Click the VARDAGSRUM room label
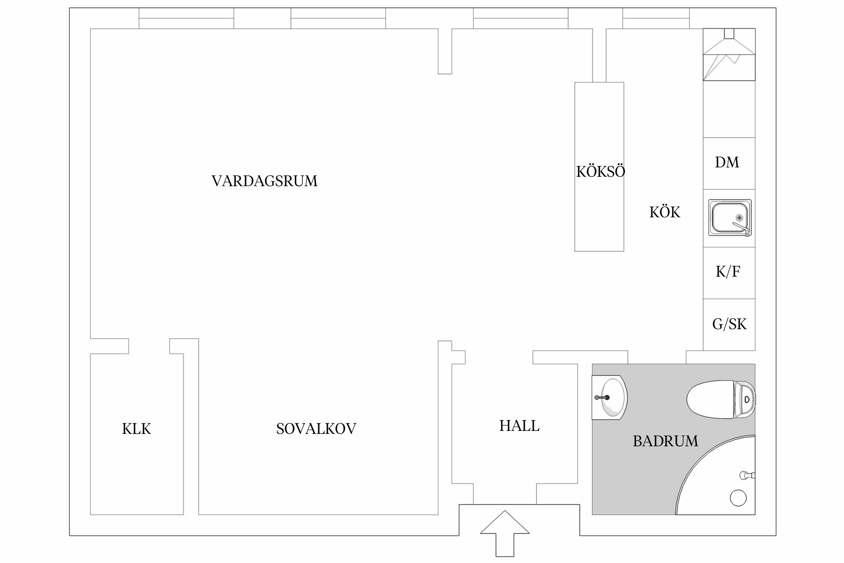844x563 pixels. pyautogui.click(x=264, y=181)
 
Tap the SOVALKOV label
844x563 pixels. pyautogui.click(x=316, y=429)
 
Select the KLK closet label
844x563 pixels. pyautogui.click(x=137, y=429)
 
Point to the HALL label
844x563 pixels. pyautogui.click(x=519, y=426)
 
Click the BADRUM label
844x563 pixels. pyautogui.click(x=665, y=441)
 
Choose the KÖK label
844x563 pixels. pyautogui.click(x=665, y=212)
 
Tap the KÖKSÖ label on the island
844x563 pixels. pyautogui.click(x=601, y=172)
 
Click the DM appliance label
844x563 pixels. pyautogui.click(x=727, y=163)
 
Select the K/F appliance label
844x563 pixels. pyautogui.click(x=728, y=272)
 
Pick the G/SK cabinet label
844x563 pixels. pyautogui.click(x=729, y=324)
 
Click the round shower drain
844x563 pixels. pyautogui.click(x=738, y=498)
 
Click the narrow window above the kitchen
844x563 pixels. pyautogui.click(x=656, y=18)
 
